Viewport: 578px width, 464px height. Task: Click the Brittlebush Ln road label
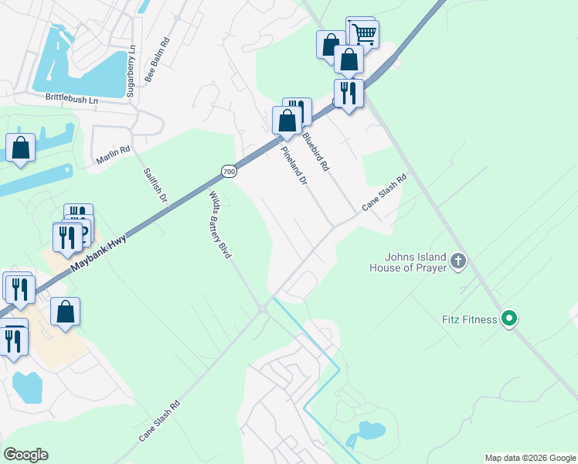[x=72, y=100]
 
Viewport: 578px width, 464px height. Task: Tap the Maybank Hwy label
[x=99, y=253]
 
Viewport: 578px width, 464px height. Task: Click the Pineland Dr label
[x=294, y=165]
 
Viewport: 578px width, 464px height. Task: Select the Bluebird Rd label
[x=315, y=152]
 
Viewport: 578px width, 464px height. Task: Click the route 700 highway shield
[x=228, y=170]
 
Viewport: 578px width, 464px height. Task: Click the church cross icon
[x=458, y=261]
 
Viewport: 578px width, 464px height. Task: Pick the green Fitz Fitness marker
[x=509, y=318]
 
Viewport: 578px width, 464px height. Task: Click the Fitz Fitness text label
[x=468, y=319]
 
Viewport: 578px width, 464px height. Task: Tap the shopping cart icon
[x=363, y=33]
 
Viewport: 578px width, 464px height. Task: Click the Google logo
[x=25, y=455]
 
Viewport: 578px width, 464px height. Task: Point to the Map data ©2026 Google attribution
[x=529, y=458]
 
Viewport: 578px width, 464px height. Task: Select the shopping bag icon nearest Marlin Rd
[x=20, y=147]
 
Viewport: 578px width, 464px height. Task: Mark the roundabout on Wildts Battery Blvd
[x=263, y=309]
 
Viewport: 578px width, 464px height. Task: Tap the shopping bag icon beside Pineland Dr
[x=287, y=121]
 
